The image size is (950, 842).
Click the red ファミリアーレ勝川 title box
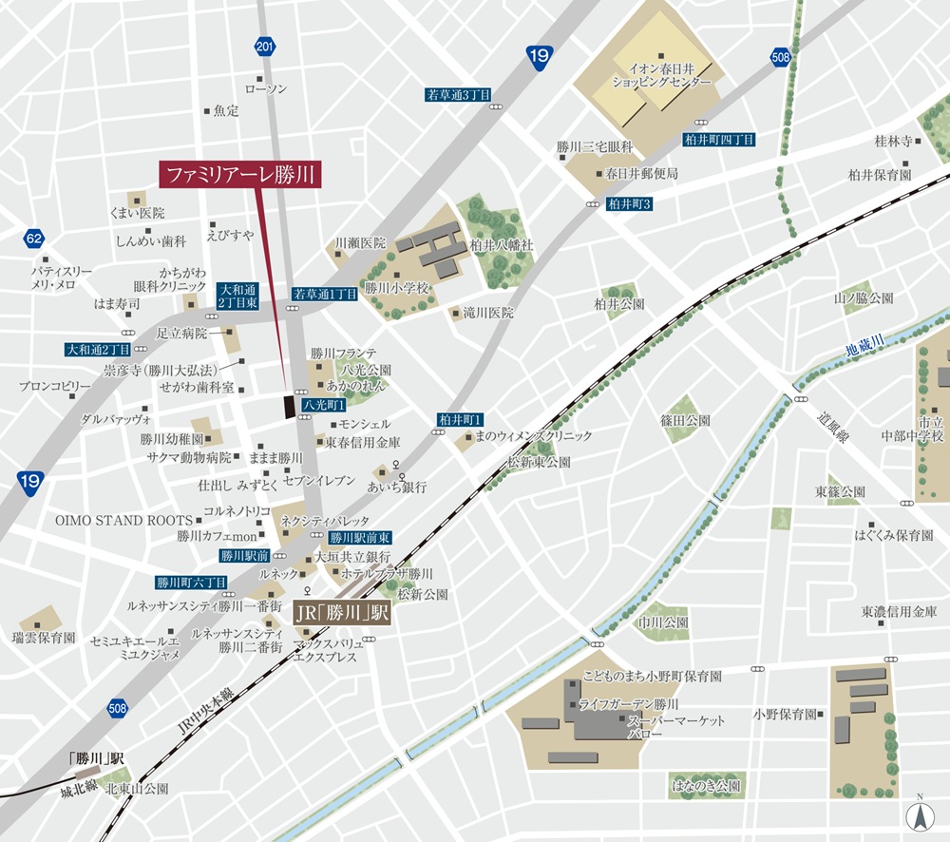(x=239, y=174)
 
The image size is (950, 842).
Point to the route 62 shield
(x=35, y=238)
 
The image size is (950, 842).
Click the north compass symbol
(x=919, y=815)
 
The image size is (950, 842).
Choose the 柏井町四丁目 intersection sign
(x=719, y=140)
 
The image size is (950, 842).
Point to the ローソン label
(x=265, y=88)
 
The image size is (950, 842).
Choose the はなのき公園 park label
(x=705, y=787)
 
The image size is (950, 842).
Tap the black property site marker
(x=289, y=406)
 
